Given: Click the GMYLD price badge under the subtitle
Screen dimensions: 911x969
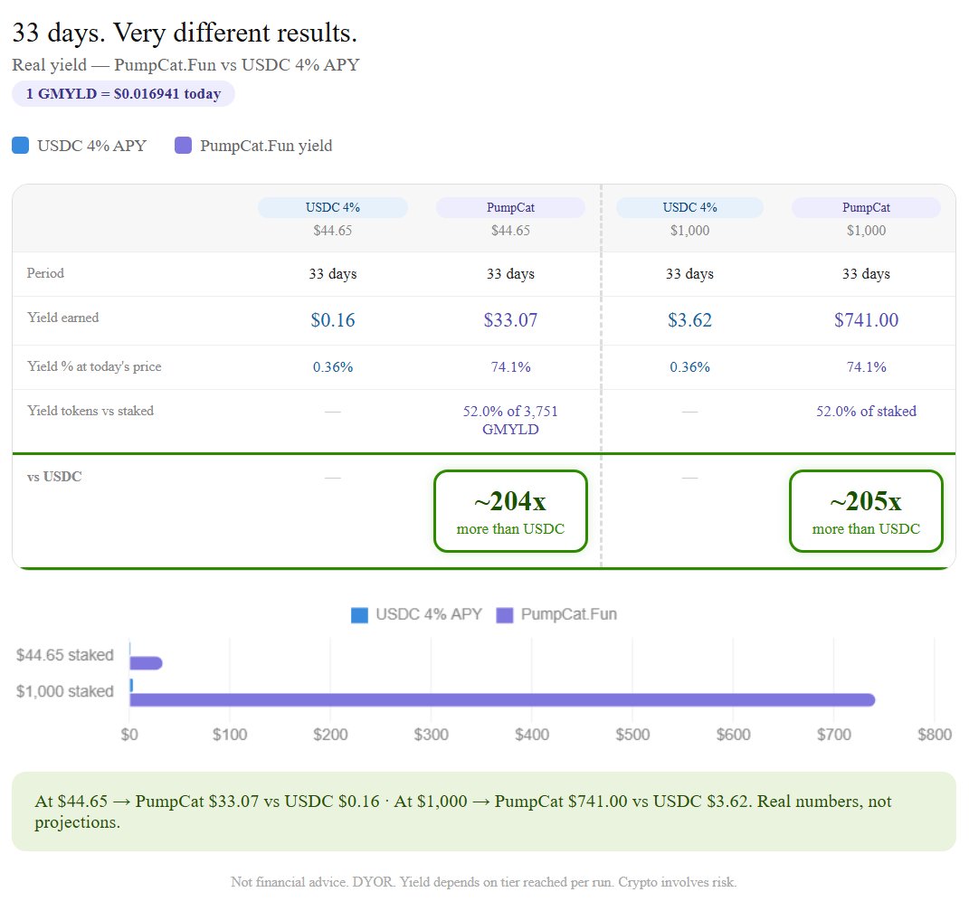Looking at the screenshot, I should [x=123, y=94].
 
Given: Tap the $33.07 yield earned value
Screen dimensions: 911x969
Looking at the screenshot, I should [x=510, y=319].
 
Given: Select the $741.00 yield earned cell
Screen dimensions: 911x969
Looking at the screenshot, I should [x=866, y=319].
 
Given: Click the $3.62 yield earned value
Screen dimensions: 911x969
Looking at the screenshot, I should [x=689, y=319].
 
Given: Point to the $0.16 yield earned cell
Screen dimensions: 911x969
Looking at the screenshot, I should [x=333, y=319].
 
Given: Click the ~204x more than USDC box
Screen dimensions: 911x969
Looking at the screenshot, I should [x=510, y=511].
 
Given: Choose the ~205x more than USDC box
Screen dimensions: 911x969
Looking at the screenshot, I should [x=866, y=511].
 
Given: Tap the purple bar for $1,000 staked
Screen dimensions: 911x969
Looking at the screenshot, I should [x=502, y=699].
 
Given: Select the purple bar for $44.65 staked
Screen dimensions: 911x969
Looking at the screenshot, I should [x=147, y=663].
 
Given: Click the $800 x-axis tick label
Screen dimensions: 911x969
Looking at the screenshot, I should [x=933, y=735].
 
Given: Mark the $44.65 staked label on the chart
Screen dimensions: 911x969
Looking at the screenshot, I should [x=65, y=655].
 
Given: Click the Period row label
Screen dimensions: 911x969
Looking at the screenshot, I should [x=45, y=273].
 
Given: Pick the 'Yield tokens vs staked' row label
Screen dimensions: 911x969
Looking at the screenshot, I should [x=90, y=411].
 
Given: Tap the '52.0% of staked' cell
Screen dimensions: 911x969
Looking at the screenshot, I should [x=866, y=412].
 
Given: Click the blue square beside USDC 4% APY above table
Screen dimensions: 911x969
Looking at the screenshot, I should [x=21, y=146].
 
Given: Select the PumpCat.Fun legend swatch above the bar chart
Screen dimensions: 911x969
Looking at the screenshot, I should [x=505, y=615].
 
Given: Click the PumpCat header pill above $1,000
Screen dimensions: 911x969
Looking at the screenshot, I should [x=866, y=207].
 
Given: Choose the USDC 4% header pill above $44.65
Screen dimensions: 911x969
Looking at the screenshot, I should [x=333, y=207].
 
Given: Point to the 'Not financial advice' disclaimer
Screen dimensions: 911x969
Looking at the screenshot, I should [x=484, y=882].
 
